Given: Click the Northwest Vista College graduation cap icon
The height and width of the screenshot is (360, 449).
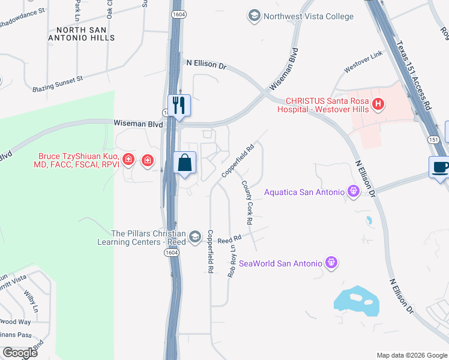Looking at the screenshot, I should (x=255, y=16).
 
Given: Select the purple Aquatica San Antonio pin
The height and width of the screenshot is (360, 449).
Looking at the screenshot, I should (x=353, y=192).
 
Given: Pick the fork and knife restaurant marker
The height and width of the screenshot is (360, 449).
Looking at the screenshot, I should (x=179, y=106).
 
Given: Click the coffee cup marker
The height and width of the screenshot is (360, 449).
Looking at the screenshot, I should (x=440, y=167).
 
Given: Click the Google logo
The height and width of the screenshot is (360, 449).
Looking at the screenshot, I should (x=20, y=352).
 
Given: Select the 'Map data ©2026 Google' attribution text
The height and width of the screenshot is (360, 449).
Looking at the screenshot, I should (x=411, y=355).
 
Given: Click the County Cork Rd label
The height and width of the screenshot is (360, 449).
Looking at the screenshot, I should (x=247, y=202).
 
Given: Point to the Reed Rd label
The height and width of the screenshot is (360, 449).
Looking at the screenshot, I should (x=229, y=239).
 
